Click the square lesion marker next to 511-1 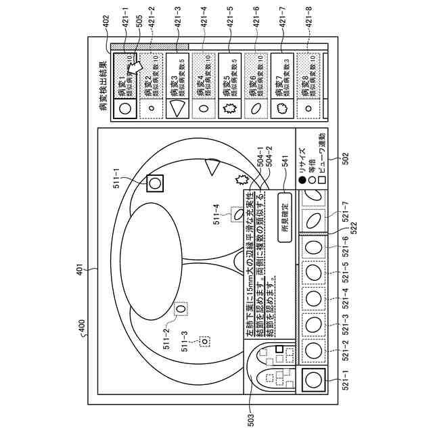(155, 182)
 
